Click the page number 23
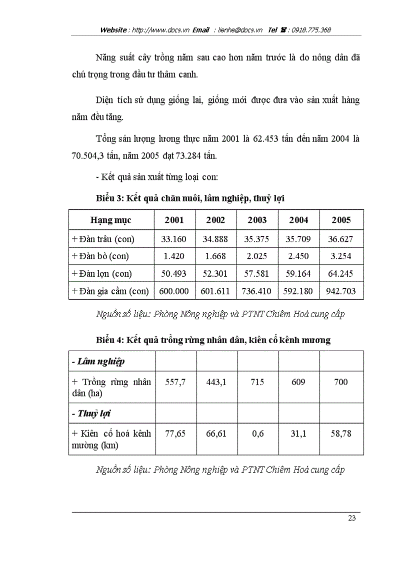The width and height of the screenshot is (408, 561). point(351,518)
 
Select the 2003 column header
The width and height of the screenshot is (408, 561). point(257,220)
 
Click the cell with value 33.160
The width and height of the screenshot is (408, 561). point(173,239)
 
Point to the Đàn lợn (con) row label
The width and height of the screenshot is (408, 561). point(102,273)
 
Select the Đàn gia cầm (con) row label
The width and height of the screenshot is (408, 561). point(110,291)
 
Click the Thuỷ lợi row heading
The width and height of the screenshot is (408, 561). point(91,413)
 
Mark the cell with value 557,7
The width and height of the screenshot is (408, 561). point(175,382)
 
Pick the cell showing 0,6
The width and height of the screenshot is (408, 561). point(257,434)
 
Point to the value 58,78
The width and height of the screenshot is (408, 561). point(341,434)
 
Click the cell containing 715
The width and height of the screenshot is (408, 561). point(257,382)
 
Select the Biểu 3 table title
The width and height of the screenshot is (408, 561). point(190,198)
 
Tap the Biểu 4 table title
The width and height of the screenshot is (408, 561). point(213,340)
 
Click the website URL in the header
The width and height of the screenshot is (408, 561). point(160,30)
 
